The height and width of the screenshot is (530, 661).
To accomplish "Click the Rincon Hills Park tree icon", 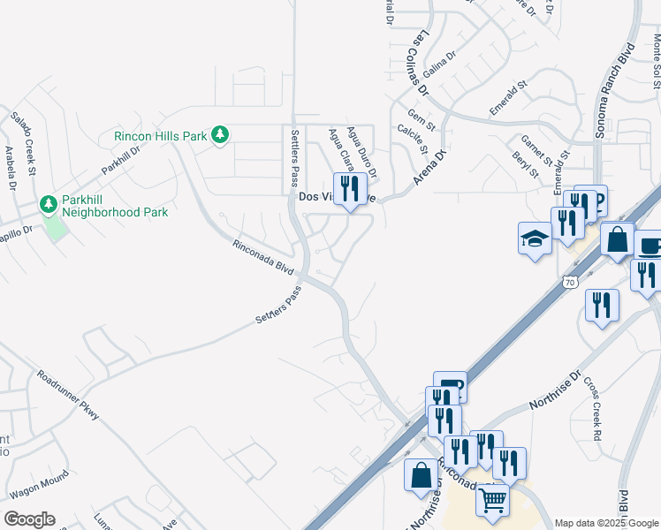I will [x=220, y=135].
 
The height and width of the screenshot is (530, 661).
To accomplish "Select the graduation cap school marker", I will [x=534, y=238].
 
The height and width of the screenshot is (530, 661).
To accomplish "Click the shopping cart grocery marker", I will [x=493, y=501].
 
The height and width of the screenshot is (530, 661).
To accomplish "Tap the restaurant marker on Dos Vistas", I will [x=350, y=188].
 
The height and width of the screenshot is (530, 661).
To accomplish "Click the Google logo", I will [x=29, y=519].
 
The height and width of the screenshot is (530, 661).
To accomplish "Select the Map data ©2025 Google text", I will [x=605, y=523].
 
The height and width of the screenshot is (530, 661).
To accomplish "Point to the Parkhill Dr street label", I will [x=120, y=157].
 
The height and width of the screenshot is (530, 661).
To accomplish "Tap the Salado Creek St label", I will [x=23, y=142].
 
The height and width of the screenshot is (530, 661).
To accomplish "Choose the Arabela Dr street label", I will [x=11, y=168].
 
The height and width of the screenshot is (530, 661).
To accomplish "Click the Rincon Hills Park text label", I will [x=160, y=136].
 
